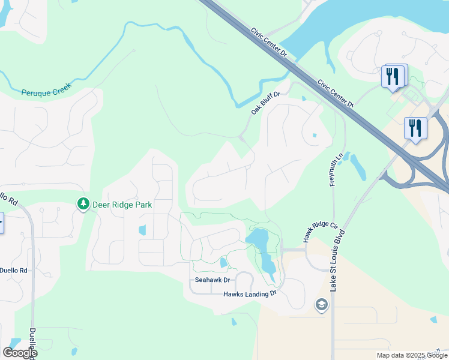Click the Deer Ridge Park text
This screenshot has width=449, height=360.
point(122,205)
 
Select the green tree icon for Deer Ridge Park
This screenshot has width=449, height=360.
point(83,205)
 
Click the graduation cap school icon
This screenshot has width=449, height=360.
point(321,305)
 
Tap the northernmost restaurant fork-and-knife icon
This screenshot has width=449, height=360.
point(393,76)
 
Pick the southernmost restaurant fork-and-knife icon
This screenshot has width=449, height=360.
point(415,128)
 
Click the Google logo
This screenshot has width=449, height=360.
point(19,353)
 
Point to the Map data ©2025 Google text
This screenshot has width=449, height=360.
point(411,355)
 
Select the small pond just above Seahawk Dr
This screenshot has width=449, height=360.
point(223,262)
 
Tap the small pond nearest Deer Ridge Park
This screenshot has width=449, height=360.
point(142,230)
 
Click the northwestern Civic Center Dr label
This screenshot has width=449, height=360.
point(270,41)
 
